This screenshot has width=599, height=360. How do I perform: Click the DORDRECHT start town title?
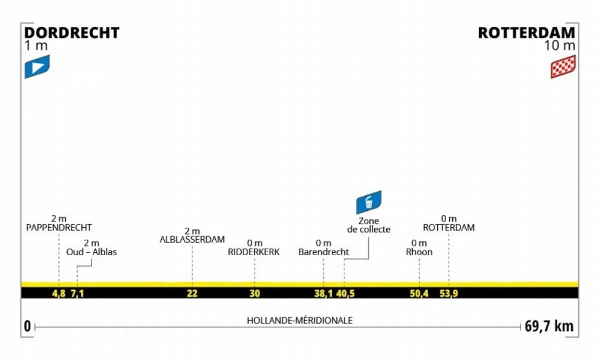tap(72, 33)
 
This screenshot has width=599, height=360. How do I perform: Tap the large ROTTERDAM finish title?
tap(527, 33)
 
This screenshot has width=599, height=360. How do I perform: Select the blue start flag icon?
tap(37, 66)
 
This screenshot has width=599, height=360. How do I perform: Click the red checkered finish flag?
tap(563, 66)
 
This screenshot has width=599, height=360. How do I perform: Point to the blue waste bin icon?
tap(369, 202)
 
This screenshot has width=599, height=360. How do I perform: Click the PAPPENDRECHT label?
tap(59, 228)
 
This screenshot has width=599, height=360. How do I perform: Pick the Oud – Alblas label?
tap(91, 252)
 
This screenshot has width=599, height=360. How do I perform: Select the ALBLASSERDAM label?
tap(192, 239)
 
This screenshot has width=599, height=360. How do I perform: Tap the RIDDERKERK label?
tap(254, 252)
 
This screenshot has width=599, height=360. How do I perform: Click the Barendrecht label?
tap(323, 252)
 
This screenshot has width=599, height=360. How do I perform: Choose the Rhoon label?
tap(419, 252)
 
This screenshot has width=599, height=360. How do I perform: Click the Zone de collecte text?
tap(369, 225)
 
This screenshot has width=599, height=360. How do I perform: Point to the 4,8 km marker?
tap(59, 293)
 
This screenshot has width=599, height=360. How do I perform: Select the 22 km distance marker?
tap(192, 293)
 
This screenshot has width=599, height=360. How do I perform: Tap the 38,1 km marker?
tap(323, 293)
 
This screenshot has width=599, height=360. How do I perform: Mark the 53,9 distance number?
tap(449, 293)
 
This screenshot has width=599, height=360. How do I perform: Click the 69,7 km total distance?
tap(549, 327)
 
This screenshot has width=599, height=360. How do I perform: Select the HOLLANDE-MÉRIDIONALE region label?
tap(299, 321)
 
